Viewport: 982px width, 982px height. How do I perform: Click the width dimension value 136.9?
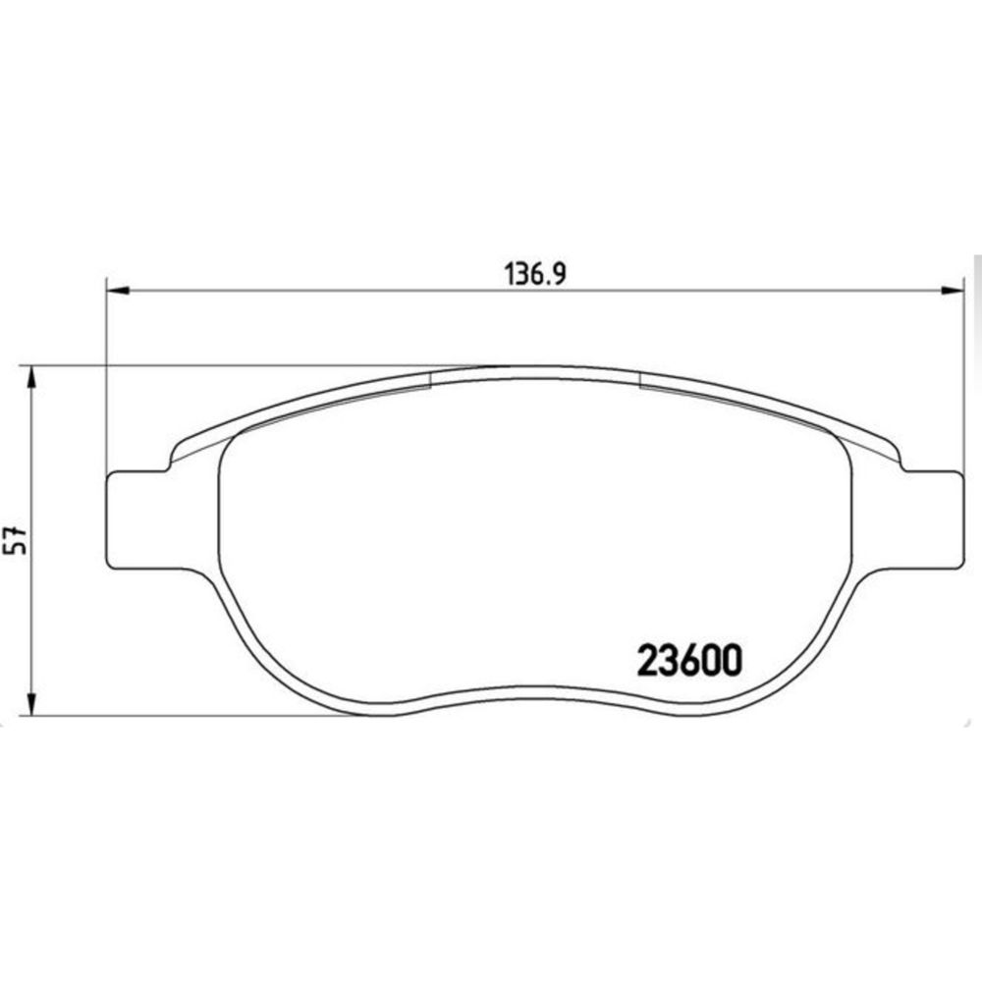point(535,274)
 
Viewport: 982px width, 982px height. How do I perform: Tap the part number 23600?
point(689,661)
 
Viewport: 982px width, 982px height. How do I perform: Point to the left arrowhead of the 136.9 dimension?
point(118,290)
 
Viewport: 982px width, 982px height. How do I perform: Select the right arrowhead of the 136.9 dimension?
point(952,290)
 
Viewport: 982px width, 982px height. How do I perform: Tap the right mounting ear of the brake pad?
point(932,519)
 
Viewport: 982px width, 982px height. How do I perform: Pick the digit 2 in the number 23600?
point(647,661)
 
